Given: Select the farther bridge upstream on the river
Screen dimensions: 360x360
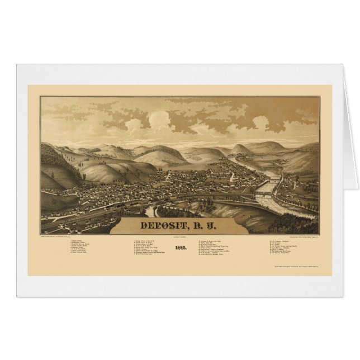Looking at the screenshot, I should (x=272, y=182).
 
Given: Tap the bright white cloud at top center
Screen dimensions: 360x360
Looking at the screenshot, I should (x=159, y=119).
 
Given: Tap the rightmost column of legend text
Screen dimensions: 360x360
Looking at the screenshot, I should (x=288, y=247).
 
